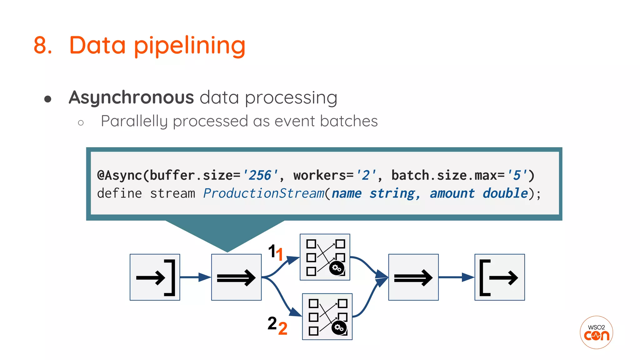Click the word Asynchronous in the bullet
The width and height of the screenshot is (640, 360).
pyautogui.click(x=131, y=97)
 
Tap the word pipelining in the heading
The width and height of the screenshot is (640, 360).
pyautogui.click(x=189, y=46)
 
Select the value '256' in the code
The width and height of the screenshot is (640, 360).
pyautogui.click(x=260, y=175)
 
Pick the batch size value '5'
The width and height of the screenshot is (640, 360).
pyautogui.click(x=517, y=175)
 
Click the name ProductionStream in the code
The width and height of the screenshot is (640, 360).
pyautogui.click(x=263, y=193)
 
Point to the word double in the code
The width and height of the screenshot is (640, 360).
pyautogui.click(x=505, y=193)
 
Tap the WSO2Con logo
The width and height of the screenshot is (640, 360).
pyautogui.click(x=596, y=332)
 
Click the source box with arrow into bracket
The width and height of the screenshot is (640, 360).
pyautogui.click(x=155, y=277)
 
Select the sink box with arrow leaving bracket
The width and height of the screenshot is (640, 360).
pyautogui.click(x=499, y=277)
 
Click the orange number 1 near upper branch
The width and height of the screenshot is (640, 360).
pyautogui.click(x=280, y=254)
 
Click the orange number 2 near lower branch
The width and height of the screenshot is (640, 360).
pyautogui.click(x=283, y=329)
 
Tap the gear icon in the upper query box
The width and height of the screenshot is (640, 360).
pyautogui.click(x=337, y=268)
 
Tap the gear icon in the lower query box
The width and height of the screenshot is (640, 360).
pyautogui.click(x=339, y=327)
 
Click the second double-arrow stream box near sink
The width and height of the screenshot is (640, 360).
pyautogui.click(x=413, y=277)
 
